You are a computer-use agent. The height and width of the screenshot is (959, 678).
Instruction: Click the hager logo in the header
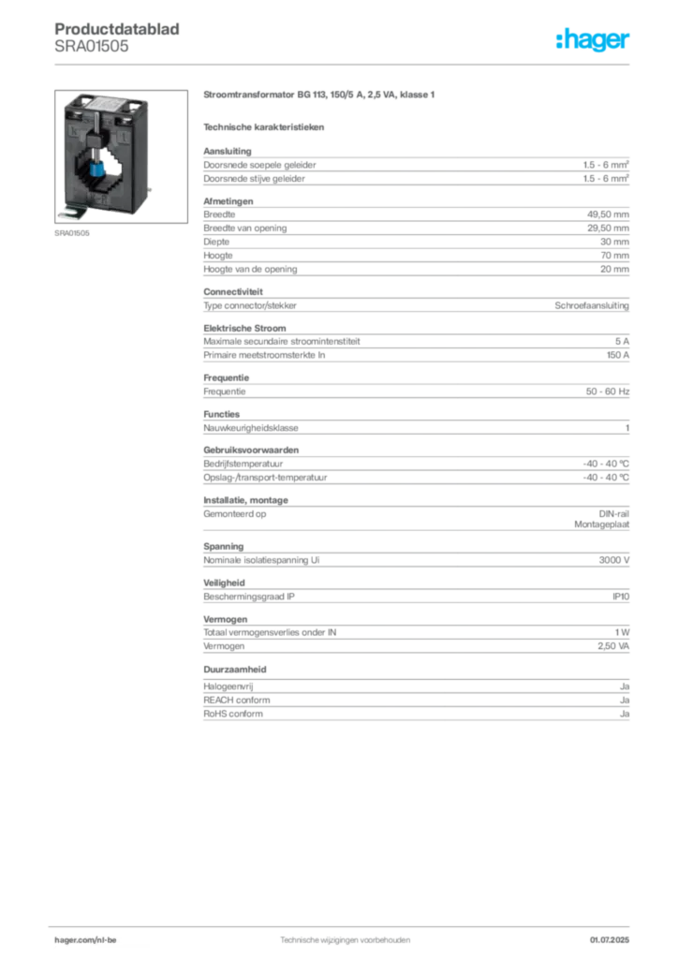pyautogui.click(x=593, y=39)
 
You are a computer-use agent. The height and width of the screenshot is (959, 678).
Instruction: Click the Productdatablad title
pyautogui.click(x=117, y=29)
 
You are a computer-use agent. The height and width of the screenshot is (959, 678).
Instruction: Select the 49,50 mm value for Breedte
pyautogui.click(x=608, y=214)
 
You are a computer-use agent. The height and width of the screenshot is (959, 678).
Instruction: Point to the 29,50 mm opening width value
pyautogui.click(x=608, y=229)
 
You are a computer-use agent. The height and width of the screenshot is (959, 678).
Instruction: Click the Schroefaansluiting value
pyautogui.click(x=592, y=305)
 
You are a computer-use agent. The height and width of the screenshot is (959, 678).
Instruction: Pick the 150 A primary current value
pyautogui.click(x=617, y=355)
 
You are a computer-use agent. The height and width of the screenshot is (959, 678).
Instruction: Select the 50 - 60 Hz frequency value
pyautogui.click(x=607, y=391)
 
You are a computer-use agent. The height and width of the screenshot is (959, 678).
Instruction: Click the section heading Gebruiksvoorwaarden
pyautogui.click(x=251, y=450)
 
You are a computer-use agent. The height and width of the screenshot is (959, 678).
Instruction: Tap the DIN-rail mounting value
pyautogui.click(x=613, y=514)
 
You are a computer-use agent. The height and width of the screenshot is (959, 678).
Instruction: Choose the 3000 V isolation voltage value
pyautogui.click(x=613, y=560)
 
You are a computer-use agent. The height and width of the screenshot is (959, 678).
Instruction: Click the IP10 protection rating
pyautogui.click(x=621, y=597)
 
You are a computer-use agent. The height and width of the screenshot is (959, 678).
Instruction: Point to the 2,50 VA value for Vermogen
pyautogui.click(x=613, y=646)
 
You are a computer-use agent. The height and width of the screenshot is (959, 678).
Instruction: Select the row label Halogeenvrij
pyautogui.click(x=228, y=686)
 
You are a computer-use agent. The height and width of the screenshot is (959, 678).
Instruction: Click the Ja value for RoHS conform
pyautogui.click(x=625, y=714)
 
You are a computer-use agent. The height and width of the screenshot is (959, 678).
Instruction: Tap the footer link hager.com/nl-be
pyautogui.click(x=85, y=940)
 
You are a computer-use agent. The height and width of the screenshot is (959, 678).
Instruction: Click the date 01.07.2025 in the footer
pyautogui.click(x=610, y=940)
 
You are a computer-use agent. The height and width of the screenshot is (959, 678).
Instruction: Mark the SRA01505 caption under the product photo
pyautogui.click(x=71, y=233)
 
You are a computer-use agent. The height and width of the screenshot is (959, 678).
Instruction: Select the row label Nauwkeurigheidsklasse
pyautogui.click(x=251, y=428)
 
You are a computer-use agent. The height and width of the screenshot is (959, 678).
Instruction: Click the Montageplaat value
pyautogui.click(x=601, y=524)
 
